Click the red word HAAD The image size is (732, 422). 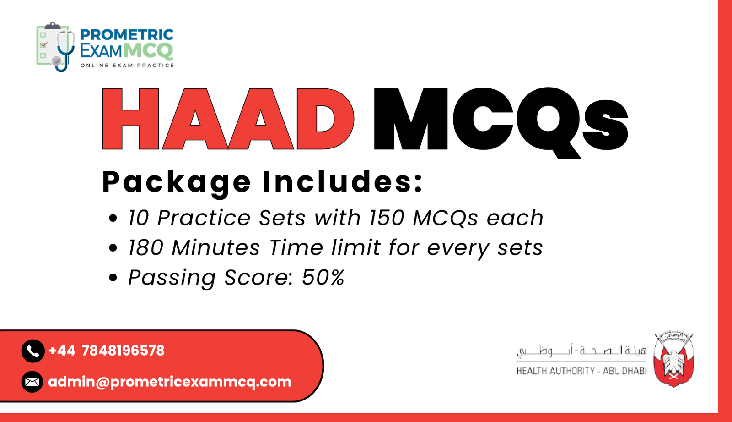227,119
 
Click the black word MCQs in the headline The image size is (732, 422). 501,120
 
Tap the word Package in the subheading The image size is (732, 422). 177,182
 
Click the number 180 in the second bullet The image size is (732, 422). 145,248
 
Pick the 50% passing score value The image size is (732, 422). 323,277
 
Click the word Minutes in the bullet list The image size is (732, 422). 216,248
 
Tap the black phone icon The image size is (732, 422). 32,351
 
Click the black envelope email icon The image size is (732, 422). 32,382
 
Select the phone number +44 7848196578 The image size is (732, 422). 106,351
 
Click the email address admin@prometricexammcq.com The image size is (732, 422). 170,382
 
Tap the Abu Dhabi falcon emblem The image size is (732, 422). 673,360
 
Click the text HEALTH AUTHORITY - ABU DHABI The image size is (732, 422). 581,371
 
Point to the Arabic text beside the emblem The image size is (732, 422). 581,351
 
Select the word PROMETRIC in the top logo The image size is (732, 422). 127,35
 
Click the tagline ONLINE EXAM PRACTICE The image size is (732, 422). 127,66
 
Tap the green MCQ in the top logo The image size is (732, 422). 148,50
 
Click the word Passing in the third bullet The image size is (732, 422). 172,278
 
